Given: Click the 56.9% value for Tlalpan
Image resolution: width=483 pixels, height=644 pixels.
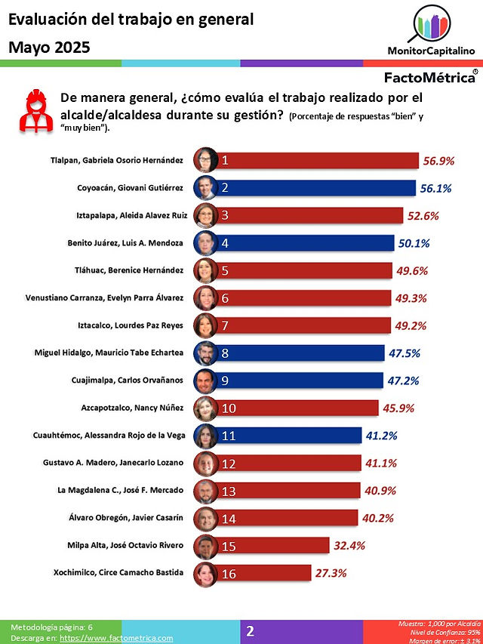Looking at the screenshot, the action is click(x=438, y=161).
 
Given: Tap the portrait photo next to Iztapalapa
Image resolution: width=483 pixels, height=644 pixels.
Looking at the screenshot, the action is click(x=205, y=215).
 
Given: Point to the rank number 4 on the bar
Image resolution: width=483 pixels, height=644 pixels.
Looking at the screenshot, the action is click(x=225, y=243).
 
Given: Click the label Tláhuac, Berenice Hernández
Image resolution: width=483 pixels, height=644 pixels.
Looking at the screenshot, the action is click(x=129, y=270).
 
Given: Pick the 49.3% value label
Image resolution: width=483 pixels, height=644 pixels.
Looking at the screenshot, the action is click(x=411, y=298).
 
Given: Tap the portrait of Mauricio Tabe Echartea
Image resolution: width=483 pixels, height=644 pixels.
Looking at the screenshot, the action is click(x=205, y=353).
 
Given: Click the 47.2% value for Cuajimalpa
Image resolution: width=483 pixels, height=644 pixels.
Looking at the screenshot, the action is click(x=403, y=381).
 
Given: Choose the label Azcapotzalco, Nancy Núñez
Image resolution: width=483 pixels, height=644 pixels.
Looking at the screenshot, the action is click(x=132, y=408).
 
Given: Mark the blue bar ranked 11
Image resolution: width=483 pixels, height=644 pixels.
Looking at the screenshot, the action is click(x=288, y=436).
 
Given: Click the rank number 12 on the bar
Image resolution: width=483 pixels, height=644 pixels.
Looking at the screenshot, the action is click(x=229, y=464).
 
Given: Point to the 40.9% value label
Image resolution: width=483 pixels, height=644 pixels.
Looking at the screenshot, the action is click(x=380, y=491).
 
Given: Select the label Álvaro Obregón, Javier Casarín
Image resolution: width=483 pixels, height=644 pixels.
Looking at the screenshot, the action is click(x=126, y=517).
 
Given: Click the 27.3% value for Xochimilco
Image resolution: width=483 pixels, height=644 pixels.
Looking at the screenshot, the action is click(x=331, y=573).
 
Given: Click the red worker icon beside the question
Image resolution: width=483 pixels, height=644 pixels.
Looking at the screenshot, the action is click(x=36, y=111).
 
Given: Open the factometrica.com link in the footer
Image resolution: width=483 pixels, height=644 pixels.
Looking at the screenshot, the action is click(x=116, y=638).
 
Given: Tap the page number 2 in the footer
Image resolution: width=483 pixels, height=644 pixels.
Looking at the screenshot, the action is click(x=250, y=631).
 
